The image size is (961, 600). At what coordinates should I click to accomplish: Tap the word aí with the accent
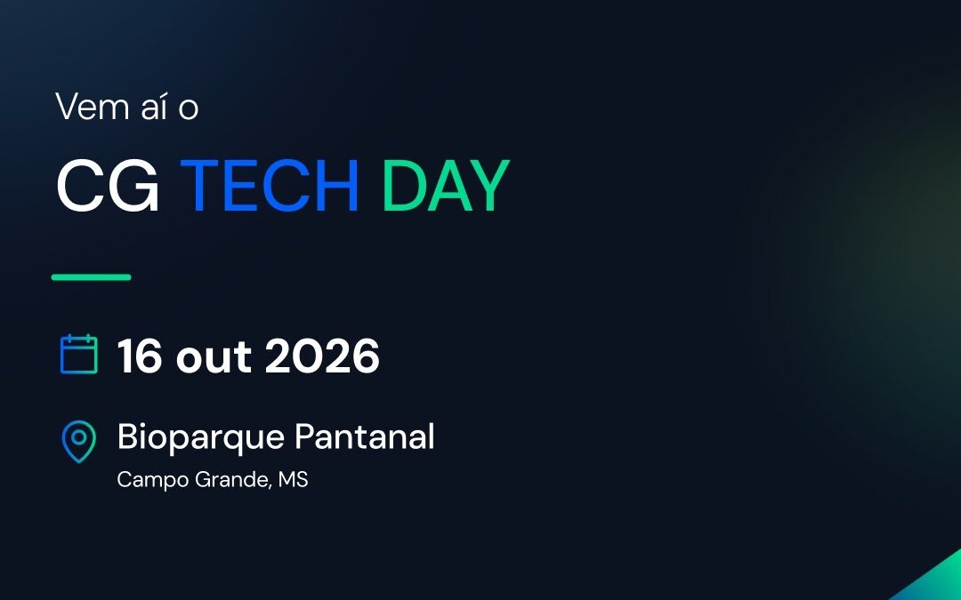(154, 107)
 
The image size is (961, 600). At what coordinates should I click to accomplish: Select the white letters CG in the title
(108, 186)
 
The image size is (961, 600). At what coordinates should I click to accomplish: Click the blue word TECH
(269, 186)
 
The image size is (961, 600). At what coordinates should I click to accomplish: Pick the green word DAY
(446, 186)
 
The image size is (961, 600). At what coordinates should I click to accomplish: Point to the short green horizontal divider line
(92, 277)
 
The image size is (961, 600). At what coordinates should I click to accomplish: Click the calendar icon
(79, 354)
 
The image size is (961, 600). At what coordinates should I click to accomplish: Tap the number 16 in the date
(141, 356)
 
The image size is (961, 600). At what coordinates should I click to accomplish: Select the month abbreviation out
(214, 357)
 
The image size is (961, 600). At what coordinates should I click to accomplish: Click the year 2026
(322, 356)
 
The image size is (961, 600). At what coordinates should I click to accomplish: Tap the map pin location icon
(79, 442)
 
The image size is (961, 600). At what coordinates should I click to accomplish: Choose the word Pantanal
(365, 436)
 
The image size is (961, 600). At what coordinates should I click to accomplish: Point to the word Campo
(153, 480)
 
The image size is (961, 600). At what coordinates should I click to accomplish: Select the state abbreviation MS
(293, 479)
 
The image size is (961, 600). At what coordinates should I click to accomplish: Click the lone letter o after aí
(189, 109)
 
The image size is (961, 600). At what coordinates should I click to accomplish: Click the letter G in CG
(133, 186)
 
